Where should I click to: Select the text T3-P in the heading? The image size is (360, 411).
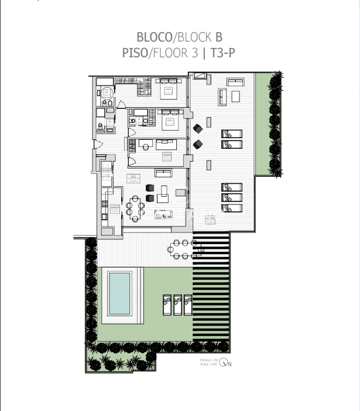pyautogui.click(x=223, y=53)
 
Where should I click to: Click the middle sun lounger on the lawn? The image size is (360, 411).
pyautogui.click(x=178, y=304)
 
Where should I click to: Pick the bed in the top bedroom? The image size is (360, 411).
pyautogui.click(x=169, y=90)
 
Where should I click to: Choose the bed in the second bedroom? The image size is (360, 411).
pyautogui.click(x=171, y=121)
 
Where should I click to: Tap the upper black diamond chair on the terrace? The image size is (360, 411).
pyautogui.click(x=198, y=128)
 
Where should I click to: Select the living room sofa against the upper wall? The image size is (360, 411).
pyautogui.click(x=163, y=172)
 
